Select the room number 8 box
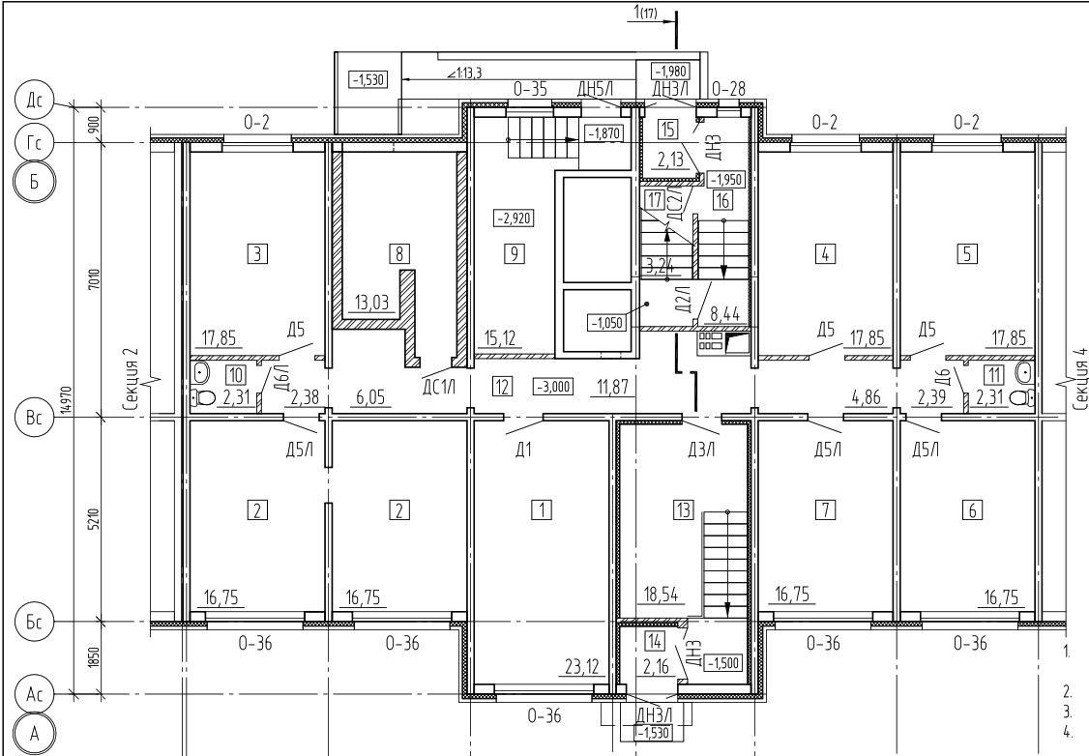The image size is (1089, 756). [399, 254]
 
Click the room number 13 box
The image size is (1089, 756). [684, 510]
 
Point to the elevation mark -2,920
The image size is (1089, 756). [514, 218]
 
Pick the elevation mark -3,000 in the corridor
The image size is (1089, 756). [553, 387]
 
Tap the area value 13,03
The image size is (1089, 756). [371, 304]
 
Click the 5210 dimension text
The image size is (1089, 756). [95, 519]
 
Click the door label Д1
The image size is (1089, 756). [523, 450]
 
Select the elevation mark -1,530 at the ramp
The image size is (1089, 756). [368, 80]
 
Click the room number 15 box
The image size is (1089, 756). [668, 130]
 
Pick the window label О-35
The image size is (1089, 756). [530, 90]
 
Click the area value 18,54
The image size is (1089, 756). [661, 595]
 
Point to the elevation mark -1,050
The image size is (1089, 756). [607, 323]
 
